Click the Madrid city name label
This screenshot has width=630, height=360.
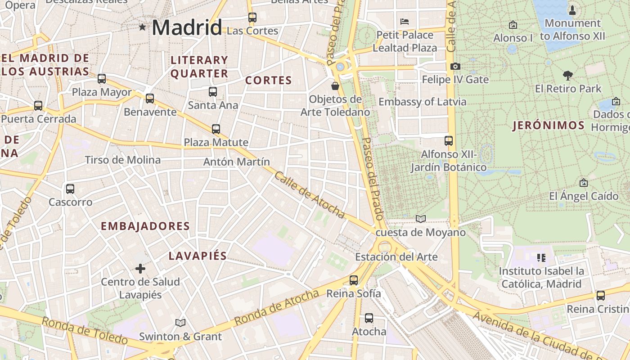(187, 27)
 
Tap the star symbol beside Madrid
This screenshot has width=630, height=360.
(143, 27)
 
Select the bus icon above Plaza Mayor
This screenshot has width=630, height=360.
(102, 79)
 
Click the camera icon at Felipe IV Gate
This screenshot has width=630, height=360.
(455, 67)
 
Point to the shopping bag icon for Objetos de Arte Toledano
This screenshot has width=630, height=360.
(335, 86)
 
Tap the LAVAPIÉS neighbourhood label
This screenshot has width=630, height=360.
(198, 256)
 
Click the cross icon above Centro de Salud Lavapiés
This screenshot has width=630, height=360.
(140, 269)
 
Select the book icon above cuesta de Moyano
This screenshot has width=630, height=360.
(421, 219)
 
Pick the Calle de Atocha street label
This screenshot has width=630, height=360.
(309, 195)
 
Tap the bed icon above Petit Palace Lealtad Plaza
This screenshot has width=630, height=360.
(405, 22)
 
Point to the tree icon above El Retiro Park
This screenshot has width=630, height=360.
(568, 75)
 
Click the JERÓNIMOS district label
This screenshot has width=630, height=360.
(549, 126)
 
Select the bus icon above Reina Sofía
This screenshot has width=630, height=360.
(354, 280)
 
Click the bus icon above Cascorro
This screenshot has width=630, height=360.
(70, 189)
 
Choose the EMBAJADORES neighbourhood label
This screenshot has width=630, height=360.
(145, 226)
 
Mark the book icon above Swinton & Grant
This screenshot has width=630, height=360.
(180, 323)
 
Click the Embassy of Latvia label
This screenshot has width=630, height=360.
(423, 102)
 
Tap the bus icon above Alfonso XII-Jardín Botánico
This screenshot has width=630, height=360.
(449, 141)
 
